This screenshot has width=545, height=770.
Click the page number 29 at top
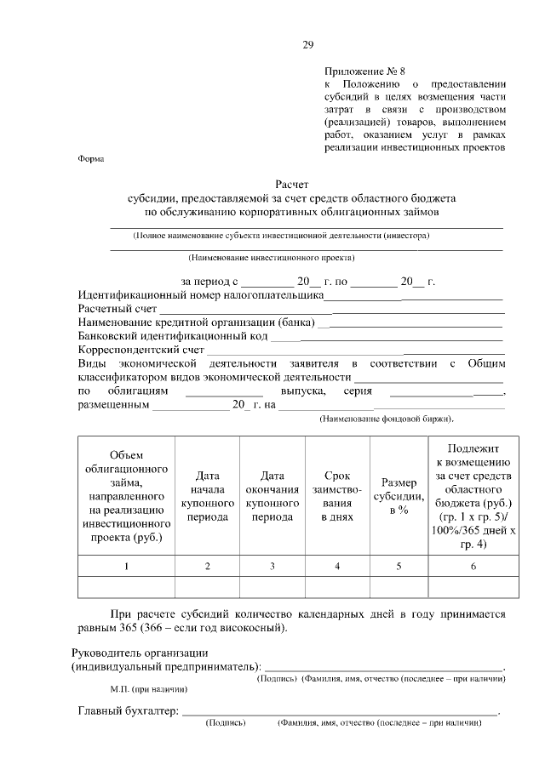point(308,45)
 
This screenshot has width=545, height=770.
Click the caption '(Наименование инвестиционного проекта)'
point(272,257)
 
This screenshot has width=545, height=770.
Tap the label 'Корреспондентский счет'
point(141,350)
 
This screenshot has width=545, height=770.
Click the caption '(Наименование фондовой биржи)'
point(386,419)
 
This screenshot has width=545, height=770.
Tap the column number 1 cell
point(126,566)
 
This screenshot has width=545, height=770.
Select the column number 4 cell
point(337,566)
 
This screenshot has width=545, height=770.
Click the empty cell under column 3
point(272,588)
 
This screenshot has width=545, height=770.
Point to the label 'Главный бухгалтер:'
point(128,711)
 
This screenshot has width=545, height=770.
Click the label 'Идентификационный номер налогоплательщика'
point(200,296)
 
